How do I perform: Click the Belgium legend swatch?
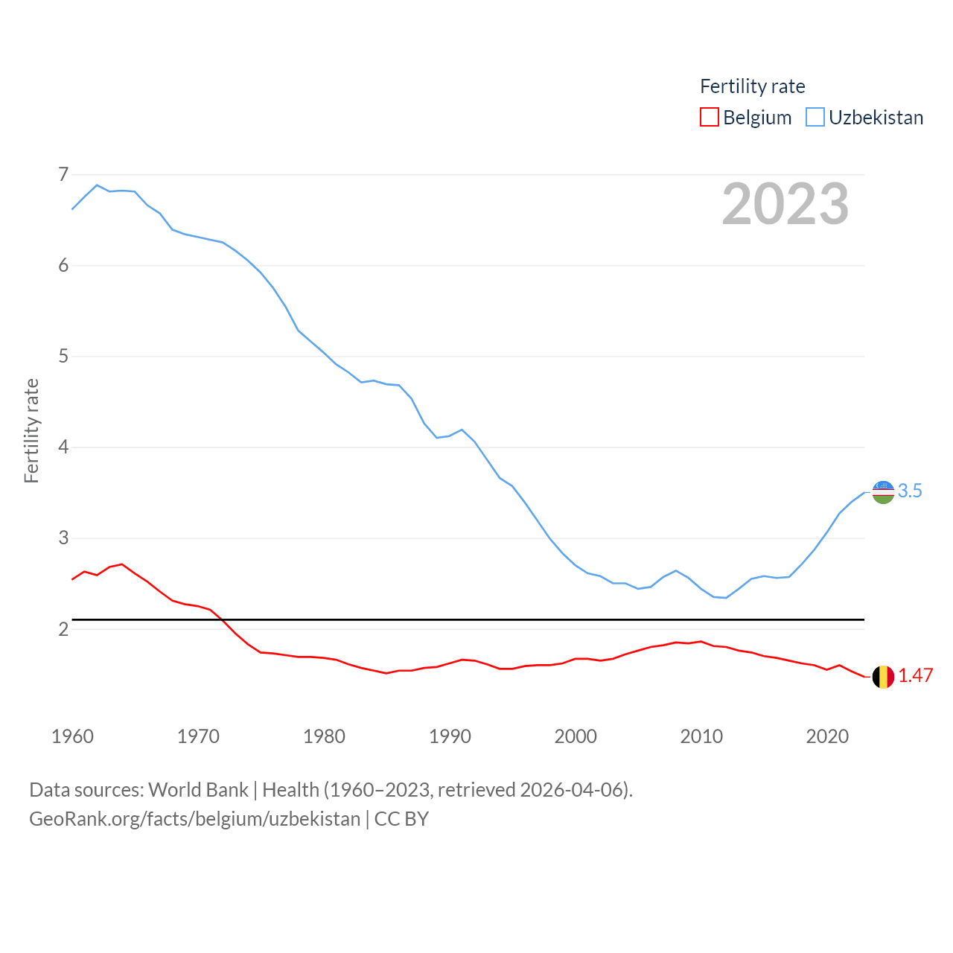click(x=710, y=118)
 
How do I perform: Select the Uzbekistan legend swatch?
click(x=815, y=118)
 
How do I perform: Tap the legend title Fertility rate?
click(x=752, y=86)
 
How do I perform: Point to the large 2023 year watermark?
click(x=785, y=204)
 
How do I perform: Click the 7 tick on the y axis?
click(x=63, y=175)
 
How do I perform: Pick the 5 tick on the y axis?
click(x=63, y=357)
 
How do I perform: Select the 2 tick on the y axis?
click(x=63, y=629)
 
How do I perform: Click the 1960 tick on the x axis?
click(x=72, y=736)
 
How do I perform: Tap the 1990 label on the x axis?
click(x=450, y=736)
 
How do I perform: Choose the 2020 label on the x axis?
click(x=827, y=736)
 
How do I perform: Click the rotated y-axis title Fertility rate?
click(x=31, y=430)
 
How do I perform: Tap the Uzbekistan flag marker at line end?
click(x=883, y=492)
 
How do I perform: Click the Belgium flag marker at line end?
click(x=883, y=677)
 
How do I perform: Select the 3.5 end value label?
click(x=910, y=491)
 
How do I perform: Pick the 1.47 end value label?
click(x=915, y=675)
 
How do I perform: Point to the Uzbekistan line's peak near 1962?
click(x=97, y=185)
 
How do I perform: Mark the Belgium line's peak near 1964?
click(x=122, y=564)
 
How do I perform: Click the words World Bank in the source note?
click(x=198, y=789)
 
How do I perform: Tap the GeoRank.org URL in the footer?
click(x=194, y=819)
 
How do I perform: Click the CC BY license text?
click(x=401, y=819)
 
